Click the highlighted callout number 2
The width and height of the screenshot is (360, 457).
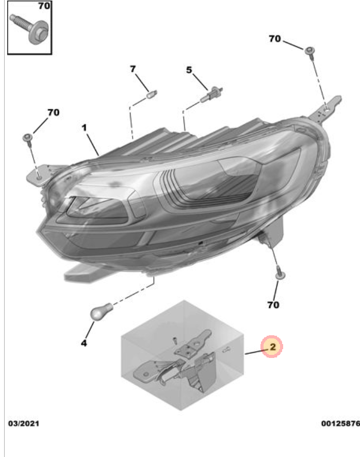click(272, 347)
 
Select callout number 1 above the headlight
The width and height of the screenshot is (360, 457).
click(84, 127)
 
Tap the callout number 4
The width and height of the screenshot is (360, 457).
click(84, 343)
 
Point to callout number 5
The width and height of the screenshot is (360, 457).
click(189, 70)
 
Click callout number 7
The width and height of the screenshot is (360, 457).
click(133, 69)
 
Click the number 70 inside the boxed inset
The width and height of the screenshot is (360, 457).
click(44, 6)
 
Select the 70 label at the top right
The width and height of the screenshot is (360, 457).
click(274, 39)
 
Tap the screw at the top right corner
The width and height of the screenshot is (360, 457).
click(310, 52)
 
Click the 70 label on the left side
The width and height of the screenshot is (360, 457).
click(53, 112)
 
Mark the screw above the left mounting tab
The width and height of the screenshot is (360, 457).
click(28, 139)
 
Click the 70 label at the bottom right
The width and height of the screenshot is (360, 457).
click(273, 305)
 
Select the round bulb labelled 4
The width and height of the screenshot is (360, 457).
click(102, 311)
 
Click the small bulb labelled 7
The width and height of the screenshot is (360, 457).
click(152, 94)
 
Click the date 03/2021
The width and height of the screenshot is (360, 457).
click(24, 423)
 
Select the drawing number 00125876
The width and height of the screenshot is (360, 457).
click(340, 423)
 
